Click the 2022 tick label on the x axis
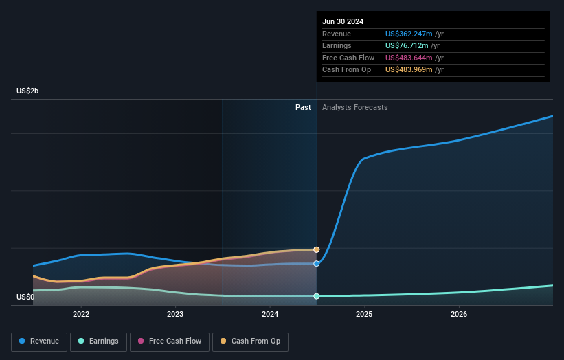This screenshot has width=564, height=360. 81,314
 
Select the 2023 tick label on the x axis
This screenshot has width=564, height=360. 175,314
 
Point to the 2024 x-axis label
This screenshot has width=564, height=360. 270,314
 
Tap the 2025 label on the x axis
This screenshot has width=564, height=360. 364,314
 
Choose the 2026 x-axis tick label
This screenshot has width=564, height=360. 459,314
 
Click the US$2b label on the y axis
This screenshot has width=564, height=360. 28,91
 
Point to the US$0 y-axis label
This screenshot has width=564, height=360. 25,297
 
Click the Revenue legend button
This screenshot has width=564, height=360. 39,341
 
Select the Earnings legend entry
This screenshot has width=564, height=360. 98,341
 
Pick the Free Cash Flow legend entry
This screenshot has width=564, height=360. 168,341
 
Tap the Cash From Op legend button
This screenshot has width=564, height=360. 251,341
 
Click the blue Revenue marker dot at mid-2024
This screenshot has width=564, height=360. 317,264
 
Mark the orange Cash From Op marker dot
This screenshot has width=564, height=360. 317,249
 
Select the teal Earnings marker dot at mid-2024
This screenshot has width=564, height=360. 317,296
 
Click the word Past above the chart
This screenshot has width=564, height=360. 303,108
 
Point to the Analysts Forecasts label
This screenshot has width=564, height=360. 354,108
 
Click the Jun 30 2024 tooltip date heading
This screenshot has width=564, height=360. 343,21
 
